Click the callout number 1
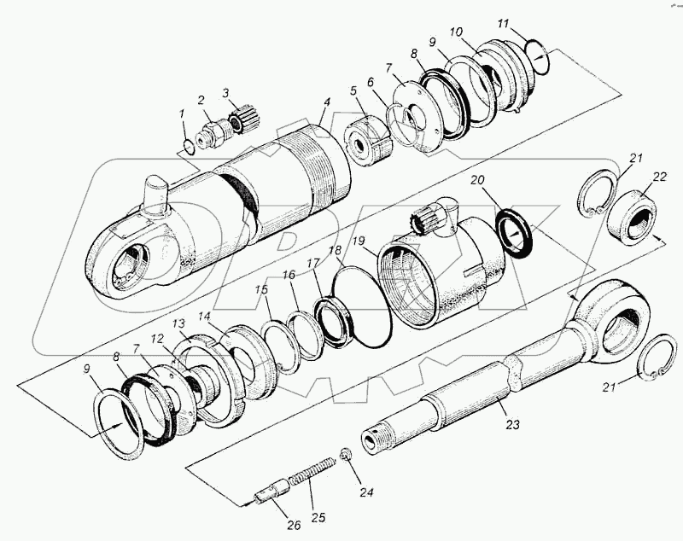click(181, 113)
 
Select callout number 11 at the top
click(504, 23)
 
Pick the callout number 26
click(294, 525)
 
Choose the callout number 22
click(659, 177)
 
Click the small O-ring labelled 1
click(189, 146)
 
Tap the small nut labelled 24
click(346, 453)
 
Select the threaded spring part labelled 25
click(308, 478)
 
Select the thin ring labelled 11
click(535, 51)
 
